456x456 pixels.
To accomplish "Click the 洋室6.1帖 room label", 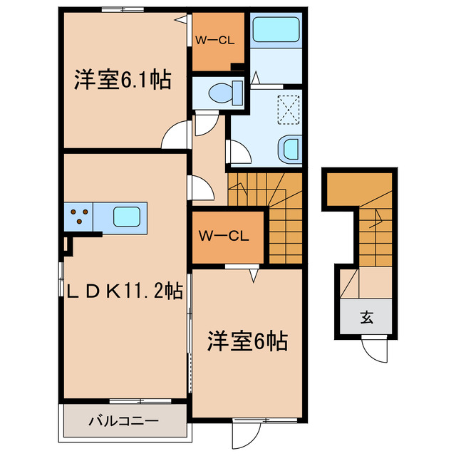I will [123, 80].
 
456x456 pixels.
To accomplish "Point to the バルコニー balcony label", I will [123, 420].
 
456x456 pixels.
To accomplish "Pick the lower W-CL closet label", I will [223, 236].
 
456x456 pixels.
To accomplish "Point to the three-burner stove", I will [81, 215].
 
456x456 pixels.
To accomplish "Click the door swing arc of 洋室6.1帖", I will [175, 138].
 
